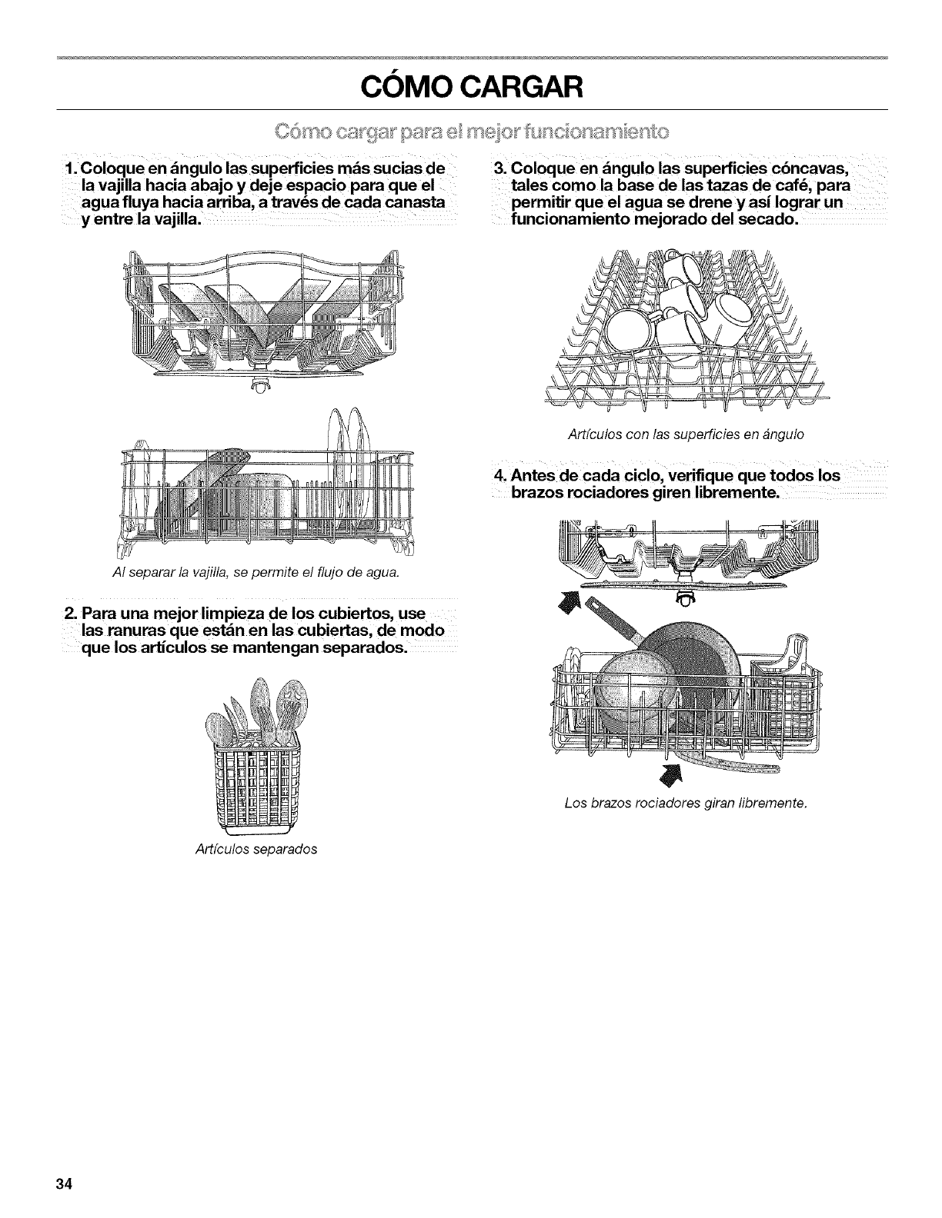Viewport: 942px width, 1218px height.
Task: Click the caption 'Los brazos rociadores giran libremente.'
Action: (x=684, y=804)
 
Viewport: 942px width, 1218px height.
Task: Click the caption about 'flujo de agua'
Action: (x=266, y=573)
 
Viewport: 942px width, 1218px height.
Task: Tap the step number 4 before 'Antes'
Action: (x=496, y=474)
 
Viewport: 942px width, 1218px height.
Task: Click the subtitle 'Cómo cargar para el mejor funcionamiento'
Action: (x=471, y=127)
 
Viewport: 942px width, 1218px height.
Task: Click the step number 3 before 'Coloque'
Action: (x=497, y=168)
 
